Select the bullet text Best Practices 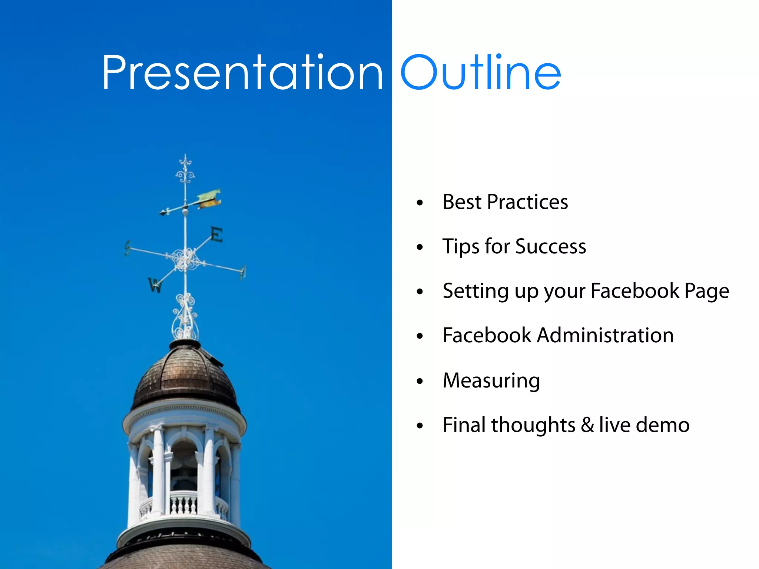tap(505, 202)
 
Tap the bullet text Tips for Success tap(514, 247)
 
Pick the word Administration tap(605, 335)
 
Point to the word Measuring tap(491, 381)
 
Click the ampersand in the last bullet tap(587, 425)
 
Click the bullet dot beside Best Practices tap(420, 203)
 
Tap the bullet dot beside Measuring tap(420, 381)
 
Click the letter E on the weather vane tap(217, 234)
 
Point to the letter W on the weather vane tap(155, 284)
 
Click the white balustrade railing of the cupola tap(184, 504)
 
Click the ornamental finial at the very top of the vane tap(185, 170)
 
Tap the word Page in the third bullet tap(707, 292)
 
